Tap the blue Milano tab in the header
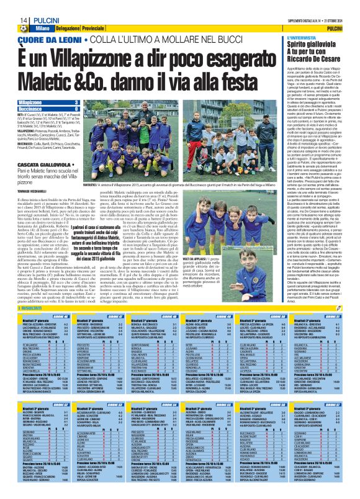pos(43,29)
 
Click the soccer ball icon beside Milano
pos(23,29)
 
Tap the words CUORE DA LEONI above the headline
pos(50,39)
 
